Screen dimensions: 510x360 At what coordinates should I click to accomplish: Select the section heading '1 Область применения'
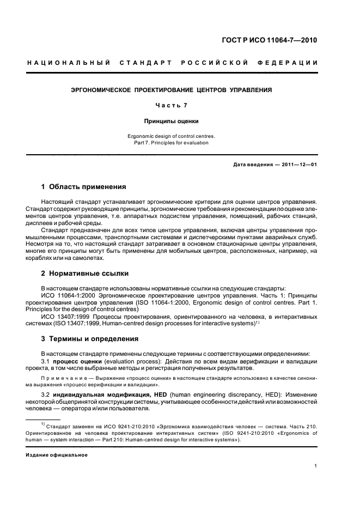click(x=84, y=187)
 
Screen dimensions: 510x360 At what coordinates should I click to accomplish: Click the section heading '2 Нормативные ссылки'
click(x=86, y=273)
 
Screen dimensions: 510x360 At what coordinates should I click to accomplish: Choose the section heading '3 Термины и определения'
click(x=90, y=338)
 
